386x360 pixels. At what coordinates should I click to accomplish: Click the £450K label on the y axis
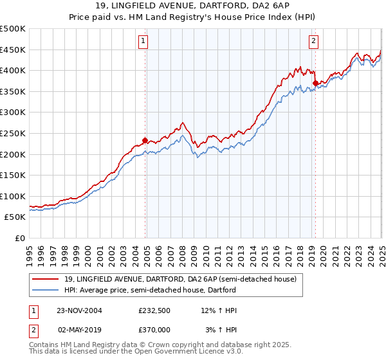pos(14,50)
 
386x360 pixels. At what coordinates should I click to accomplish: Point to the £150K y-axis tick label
pos(14,175)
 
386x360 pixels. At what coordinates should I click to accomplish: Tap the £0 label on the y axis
pos(21,238)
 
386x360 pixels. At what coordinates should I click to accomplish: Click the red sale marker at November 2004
pos(145,140)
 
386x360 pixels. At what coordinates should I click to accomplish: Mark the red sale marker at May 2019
pos(315,83)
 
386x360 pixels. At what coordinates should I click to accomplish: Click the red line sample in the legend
pos(46,279)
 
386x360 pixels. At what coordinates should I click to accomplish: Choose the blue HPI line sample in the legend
pos(46,290)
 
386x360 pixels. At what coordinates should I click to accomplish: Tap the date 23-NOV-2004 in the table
pos(80,310)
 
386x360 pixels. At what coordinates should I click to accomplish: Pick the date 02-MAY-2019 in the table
pos(80,329)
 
